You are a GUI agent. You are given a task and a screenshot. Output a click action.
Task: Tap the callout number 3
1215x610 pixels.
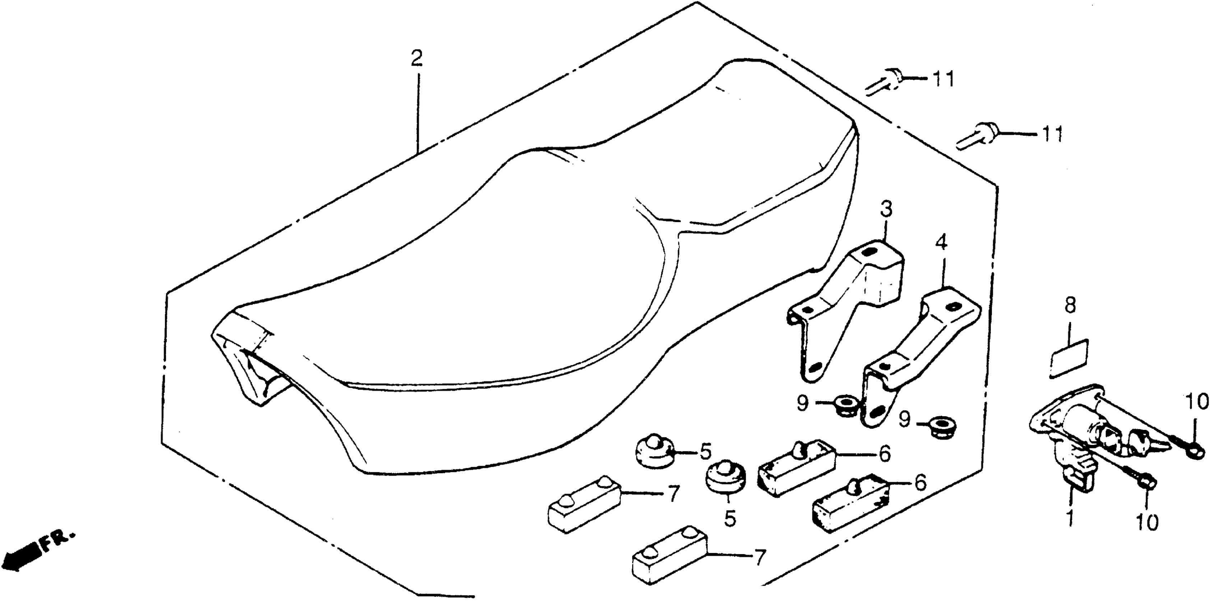[x=886, y=209]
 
